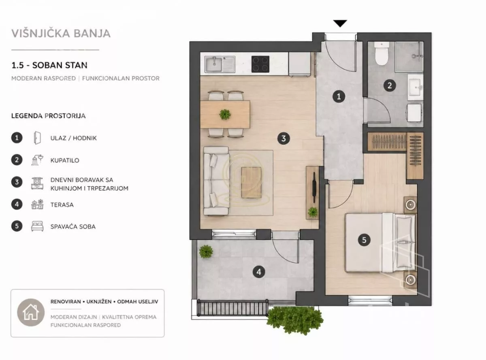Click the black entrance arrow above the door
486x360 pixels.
pos(340,23)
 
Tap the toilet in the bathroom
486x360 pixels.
pos(382,53)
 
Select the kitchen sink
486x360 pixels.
pos(220,64)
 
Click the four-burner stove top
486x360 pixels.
pos(260,64)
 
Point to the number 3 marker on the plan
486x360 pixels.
pos(283,138)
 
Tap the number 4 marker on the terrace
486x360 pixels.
pos(259,272)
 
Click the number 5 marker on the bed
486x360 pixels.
pos(364,240)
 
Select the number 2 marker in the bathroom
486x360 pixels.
pos(390,85)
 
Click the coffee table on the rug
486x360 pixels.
pos(251,183)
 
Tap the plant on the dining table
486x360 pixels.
pos(225,114)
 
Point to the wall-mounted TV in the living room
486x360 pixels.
pos(314,187)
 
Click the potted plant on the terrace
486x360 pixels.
pos(206,251)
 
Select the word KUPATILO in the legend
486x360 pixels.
pos(65,160)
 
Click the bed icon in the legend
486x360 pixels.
pos(37,226)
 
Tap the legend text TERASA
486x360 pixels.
pos(62,204)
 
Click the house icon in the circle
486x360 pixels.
pos(31,312)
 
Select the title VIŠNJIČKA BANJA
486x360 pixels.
pos(61,33)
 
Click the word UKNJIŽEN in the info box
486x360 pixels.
pos(99,302)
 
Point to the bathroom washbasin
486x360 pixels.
pos(415,87)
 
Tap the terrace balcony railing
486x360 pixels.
pos(232,308)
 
